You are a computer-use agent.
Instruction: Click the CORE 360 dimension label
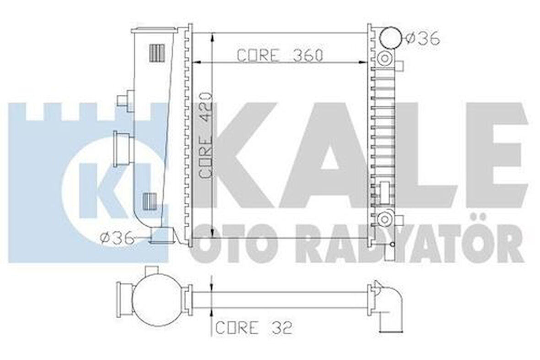point(280,55)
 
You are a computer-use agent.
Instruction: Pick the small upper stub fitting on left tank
point(124,100)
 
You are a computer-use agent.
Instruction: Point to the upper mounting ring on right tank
point(383,58)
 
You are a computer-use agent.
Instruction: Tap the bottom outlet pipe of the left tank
point(160,236)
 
